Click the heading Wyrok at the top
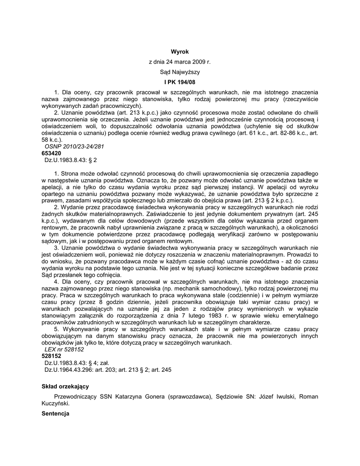coord(180,52)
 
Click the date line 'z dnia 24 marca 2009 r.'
coord(180,62)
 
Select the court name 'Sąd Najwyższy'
coord(180,72)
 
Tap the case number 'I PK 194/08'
coord(180,82)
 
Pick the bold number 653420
coord(51,154)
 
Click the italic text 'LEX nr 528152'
coord(64,349)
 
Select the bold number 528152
coord(51,356)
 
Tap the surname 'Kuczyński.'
coord(56,403)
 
